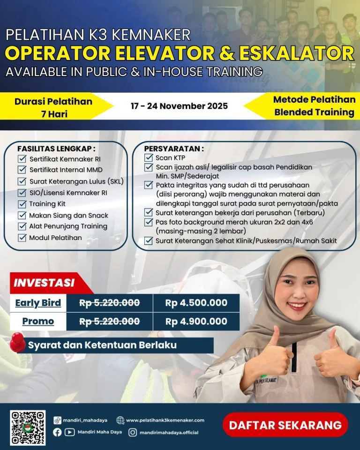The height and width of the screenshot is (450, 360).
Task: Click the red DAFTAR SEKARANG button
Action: point(285,425)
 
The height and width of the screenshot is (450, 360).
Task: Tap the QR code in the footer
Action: point(28,427)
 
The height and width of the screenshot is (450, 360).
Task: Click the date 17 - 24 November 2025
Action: point(179,106)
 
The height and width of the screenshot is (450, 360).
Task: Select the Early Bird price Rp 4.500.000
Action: point(196,303)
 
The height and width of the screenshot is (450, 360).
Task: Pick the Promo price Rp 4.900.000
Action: point(196,322)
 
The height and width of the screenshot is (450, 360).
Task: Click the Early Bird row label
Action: point(38,303)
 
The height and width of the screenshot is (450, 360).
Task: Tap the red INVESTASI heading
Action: point(44,283)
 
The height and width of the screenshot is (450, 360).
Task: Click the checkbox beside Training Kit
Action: point(22,204)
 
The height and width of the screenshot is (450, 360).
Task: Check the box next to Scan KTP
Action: point(149,158)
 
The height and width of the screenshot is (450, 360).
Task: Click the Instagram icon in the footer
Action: point(133,433)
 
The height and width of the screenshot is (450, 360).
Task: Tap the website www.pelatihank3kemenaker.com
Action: point(165,420)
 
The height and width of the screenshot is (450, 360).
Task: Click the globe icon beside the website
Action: point(120,420)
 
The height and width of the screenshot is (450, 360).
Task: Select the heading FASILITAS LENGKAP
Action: point(56,149)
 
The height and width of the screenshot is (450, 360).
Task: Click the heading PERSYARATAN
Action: point(174,149)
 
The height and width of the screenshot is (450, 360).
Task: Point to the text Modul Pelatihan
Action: point(55,238)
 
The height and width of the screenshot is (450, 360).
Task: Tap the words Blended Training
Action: point(314,112)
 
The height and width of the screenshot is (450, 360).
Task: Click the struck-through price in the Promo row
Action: point(110,322)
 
